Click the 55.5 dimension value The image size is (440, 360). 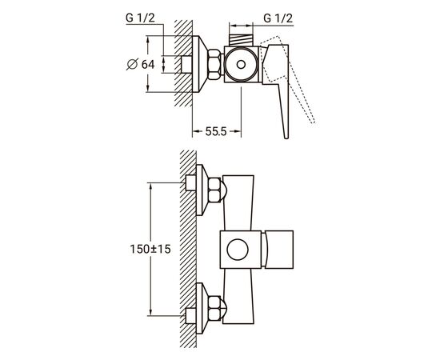click(x=216, y=131)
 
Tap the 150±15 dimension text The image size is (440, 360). click(x=150, y=249)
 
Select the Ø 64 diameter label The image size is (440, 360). click(x=141, y=64)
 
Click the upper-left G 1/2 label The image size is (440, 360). click(x=140, y=18)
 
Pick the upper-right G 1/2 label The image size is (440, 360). click(x=278, y=18)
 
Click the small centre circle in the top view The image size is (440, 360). click(x=241, y=65)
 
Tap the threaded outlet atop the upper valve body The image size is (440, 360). click(x=242, y=40)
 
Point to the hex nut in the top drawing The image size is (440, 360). click(x=214, y=64)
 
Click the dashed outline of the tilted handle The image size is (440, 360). click(x=290, y=78)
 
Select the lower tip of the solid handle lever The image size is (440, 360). click(x=286, y=138)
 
